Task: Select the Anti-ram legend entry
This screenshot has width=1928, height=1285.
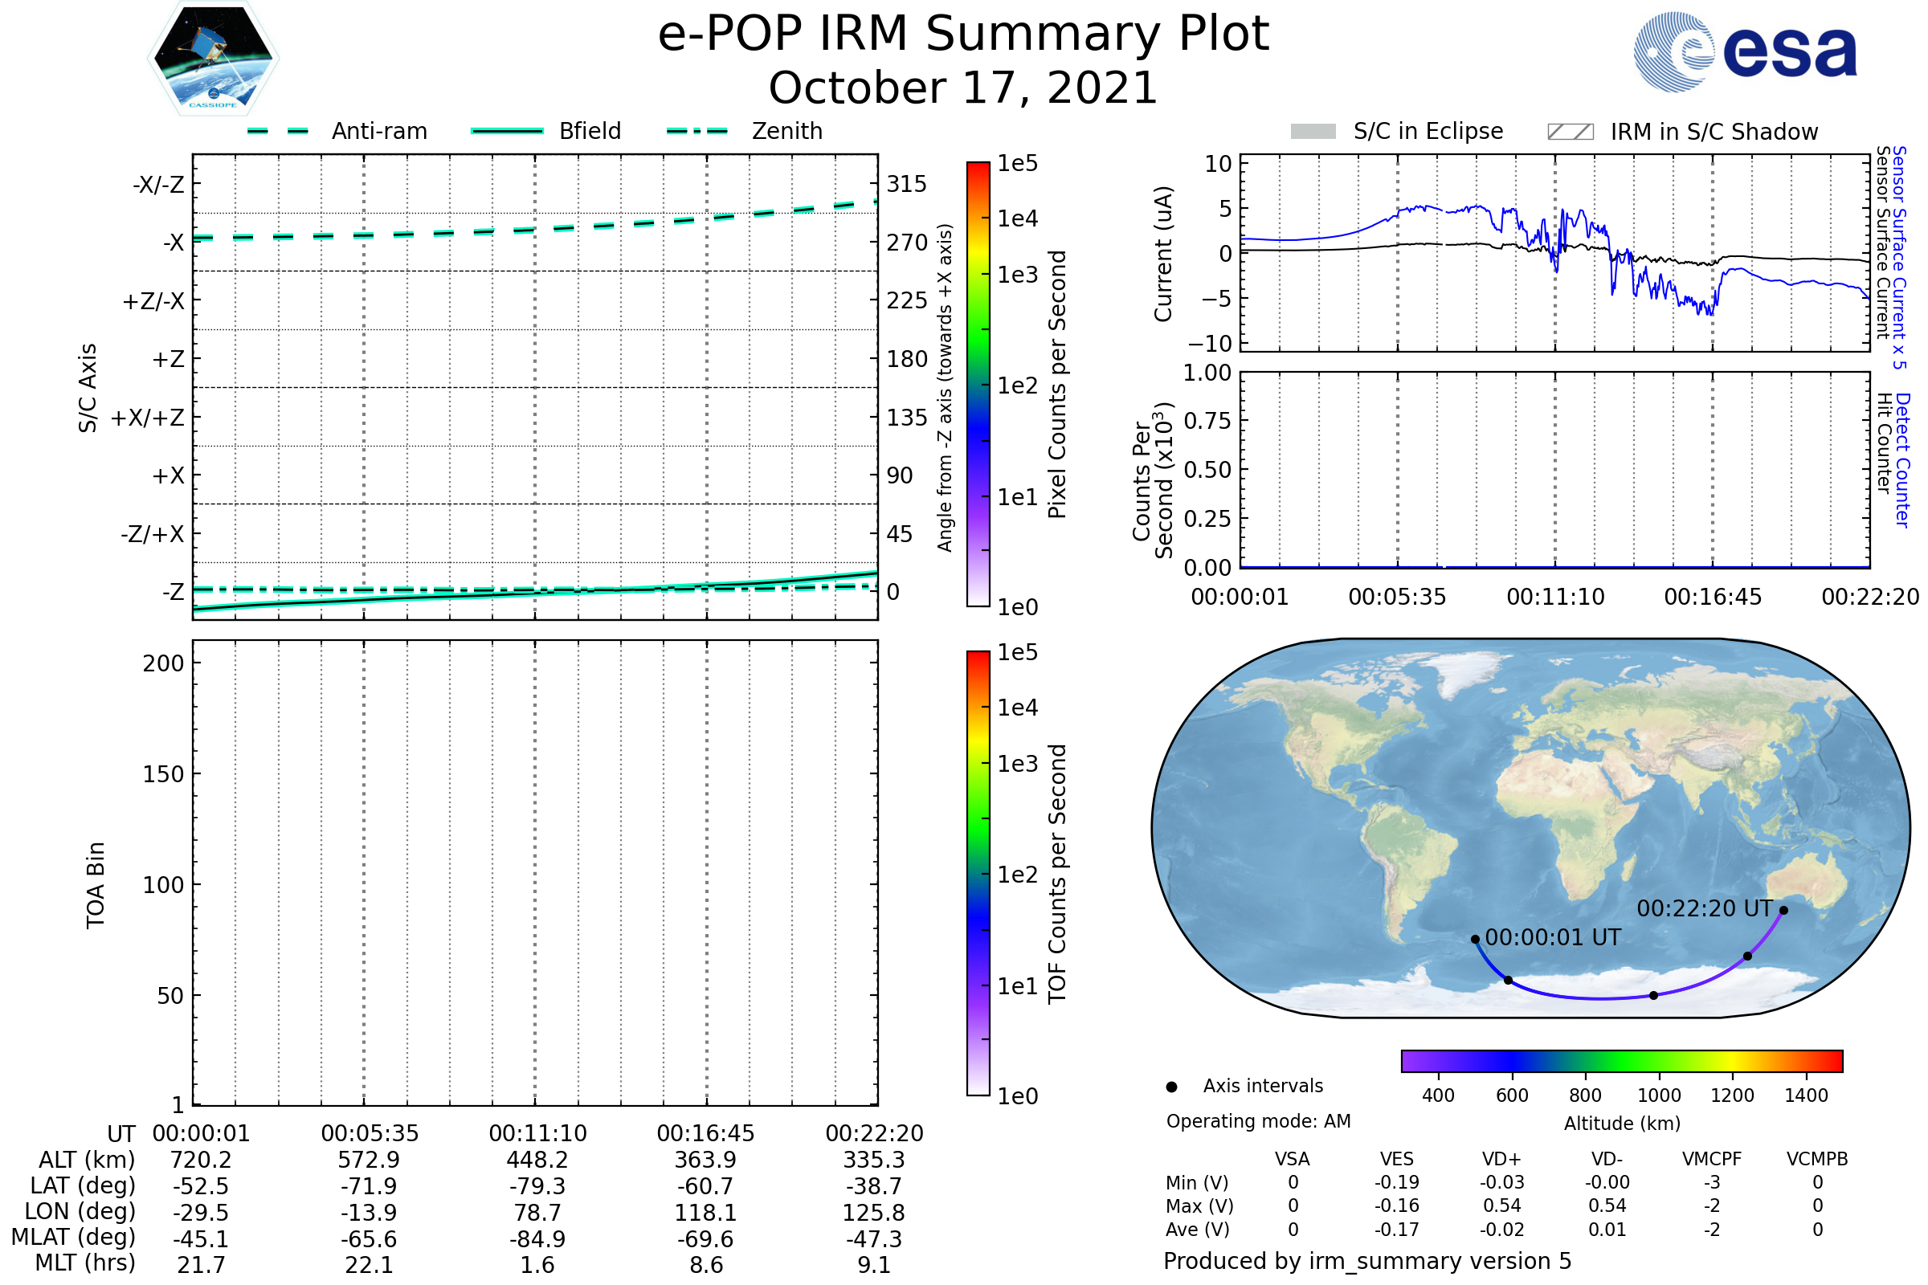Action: (337, 131)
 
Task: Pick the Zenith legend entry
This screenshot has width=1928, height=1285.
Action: (745, 131)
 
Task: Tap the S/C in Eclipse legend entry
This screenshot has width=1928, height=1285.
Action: (1397, 131)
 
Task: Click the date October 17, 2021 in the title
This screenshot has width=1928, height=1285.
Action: (963, 88)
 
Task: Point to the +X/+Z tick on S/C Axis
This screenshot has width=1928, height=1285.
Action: (148, 418)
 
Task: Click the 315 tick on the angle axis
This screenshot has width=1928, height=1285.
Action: (907, 184)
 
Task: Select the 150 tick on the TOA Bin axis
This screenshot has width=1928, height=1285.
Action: (163, 774)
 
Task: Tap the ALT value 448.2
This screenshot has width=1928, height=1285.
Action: (537, 1160)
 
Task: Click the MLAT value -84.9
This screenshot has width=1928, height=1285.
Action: (537, 1238)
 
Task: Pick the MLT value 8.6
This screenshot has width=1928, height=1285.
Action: (706, 1264)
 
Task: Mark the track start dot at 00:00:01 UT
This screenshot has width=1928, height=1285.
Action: (1475, 939)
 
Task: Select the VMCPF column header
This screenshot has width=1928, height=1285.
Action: (1712, 1159)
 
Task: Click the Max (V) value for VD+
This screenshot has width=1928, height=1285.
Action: (1501, 1205)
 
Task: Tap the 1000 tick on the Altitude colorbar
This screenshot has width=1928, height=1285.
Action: (1659, 1095)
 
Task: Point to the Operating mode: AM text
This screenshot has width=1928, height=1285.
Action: (1258, 1121)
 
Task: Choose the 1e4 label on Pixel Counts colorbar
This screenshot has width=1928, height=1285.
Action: (1017, 218)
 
